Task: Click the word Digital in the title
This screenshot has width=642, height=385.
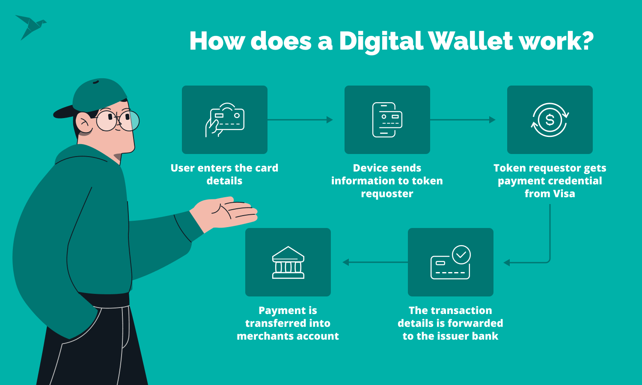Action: [381, 41]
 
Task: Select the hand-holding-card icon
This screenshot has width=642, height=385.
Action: [225, 120]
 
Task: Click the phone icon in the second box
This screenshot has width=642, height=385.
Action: [387, 120]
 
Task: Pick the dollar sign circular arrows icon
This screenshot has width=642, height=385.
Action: [550, 120]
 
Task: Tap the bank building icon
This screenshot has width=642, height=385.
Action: [288, 262]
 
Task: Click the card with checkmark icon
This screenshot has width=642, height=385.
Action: [450, 262]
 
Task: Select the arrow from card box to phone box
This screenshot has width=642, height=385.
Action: [300, 120]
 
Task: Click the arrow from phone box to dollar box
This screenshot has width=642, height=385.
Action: [462, 120]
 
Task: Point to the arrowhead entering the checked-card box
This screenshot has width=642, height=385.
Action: [507, 262]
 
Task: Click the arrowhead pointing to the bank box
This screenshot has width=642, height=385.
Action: [346, 262]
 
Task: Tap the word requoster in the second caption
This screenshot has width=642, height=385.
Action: [387, 194]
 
